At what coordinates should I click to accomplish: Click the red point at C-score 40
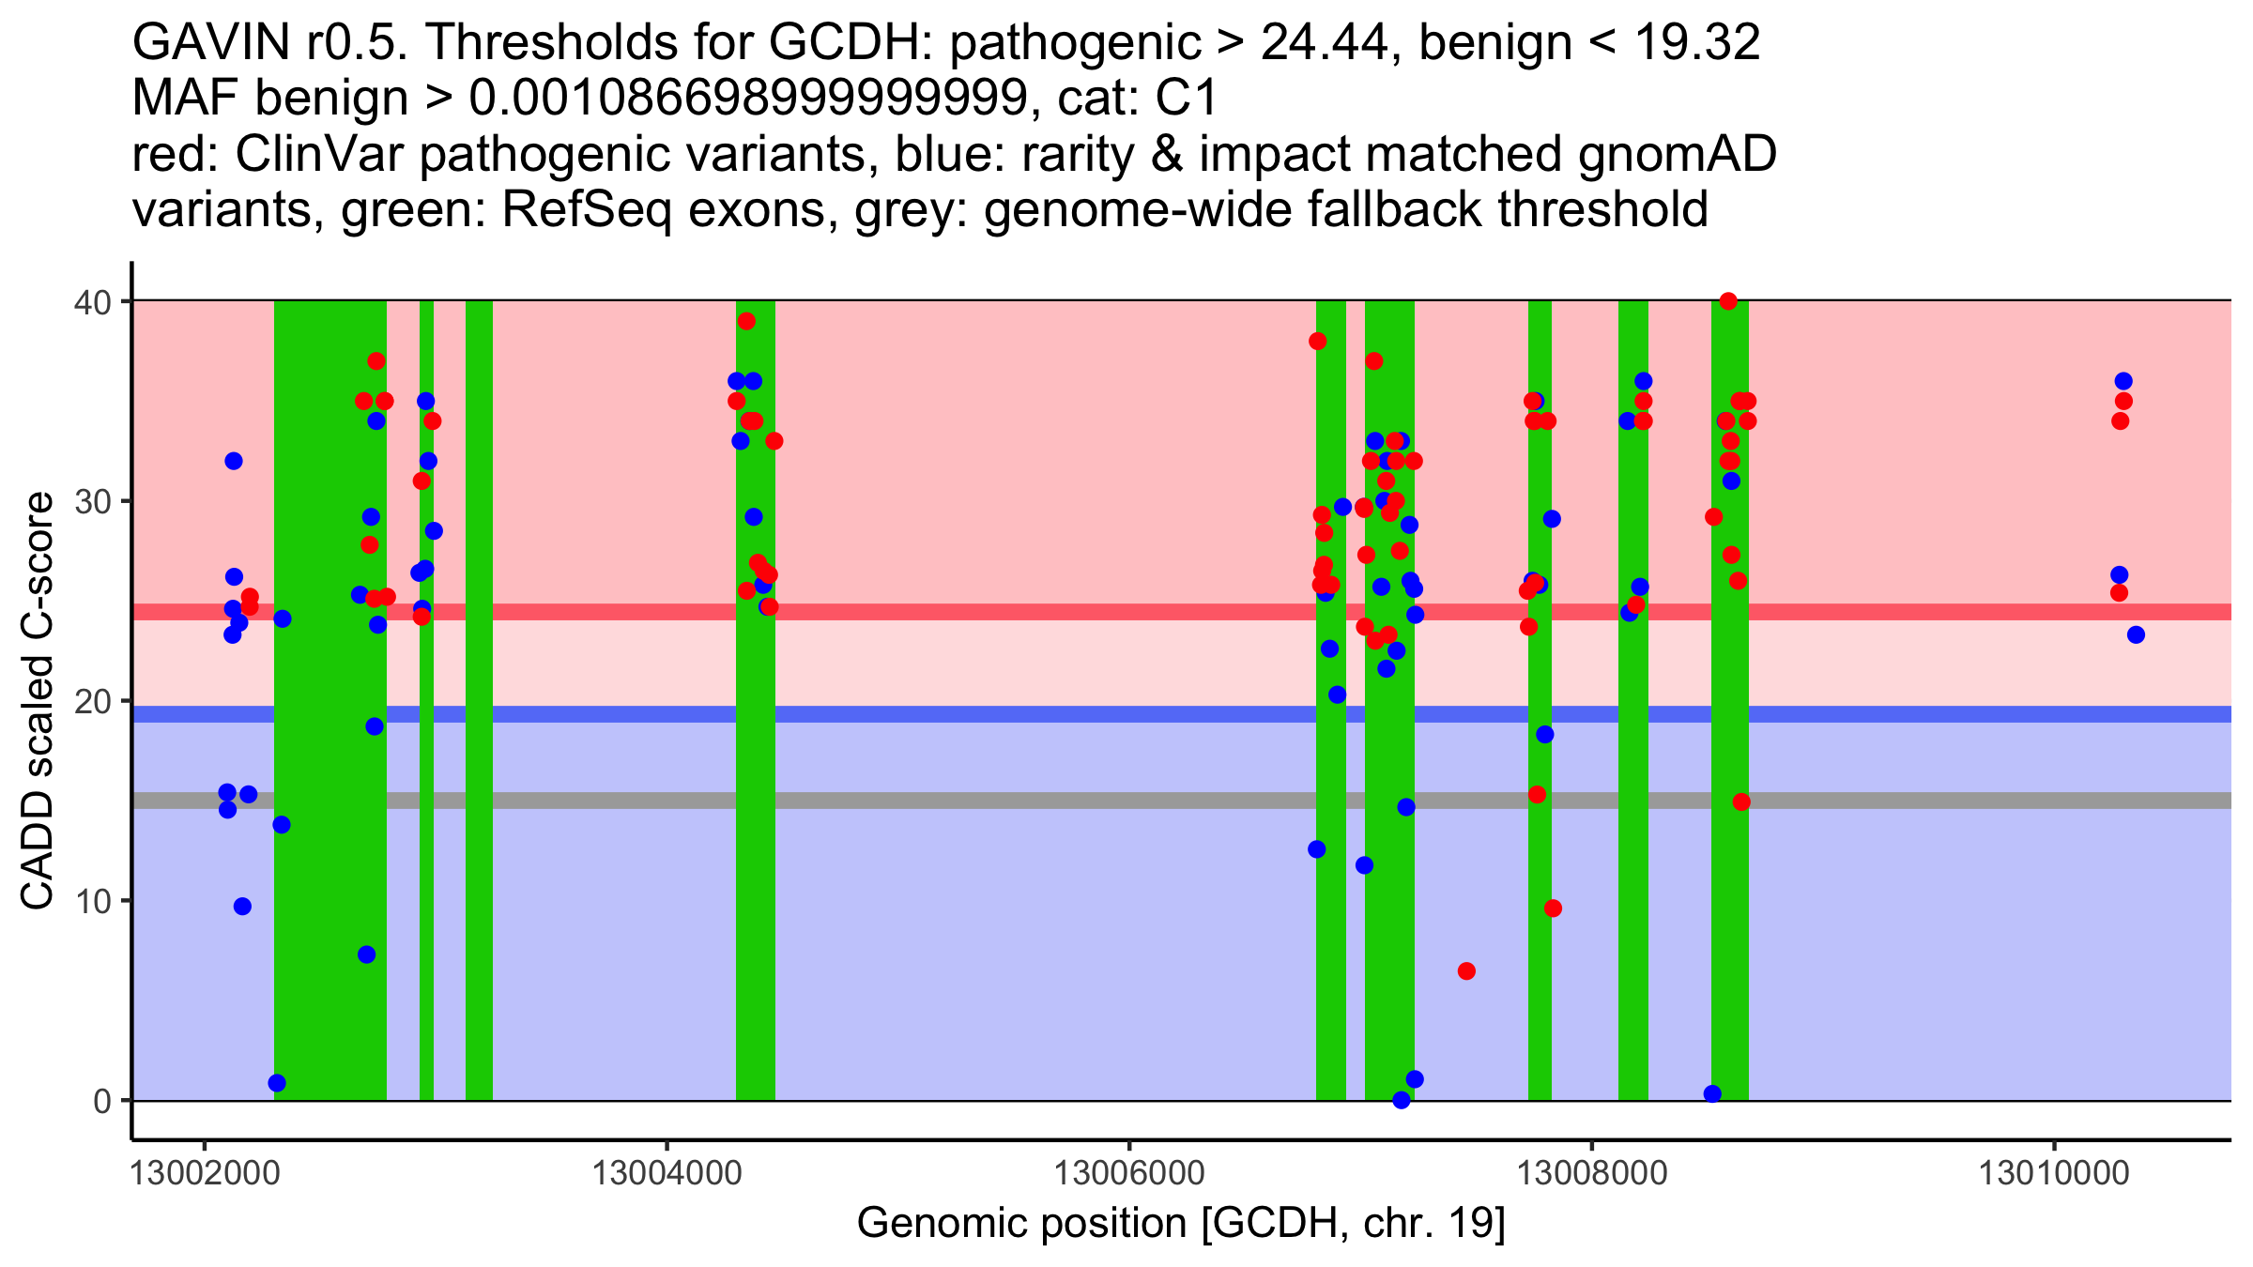[1728, 301]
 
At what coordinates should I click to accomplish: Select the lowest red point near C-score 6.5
[1466, 971]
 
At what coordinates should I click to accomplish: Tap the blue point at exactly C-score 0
[1402, 1100]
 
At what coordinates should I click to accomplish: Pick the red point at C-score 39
[746, 321]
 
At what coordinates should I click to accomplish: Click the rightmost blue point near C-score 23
[2136, 635]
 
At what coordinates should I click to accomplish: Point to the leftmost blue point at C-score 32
[234, 461]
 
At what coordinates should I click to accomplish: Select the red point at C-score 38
[1317, 342]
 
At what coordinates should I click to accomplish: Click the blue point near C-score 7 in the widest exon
[367, 954]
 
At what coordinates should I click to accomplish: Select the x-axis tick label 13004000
[667, 1173]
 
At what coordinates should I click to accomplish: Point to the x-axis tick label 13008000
[1592, 1173]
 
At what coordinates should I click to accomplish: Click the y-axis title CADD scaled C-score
[38, 701]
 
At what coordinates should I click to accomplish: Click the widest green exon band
[330, 700]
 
